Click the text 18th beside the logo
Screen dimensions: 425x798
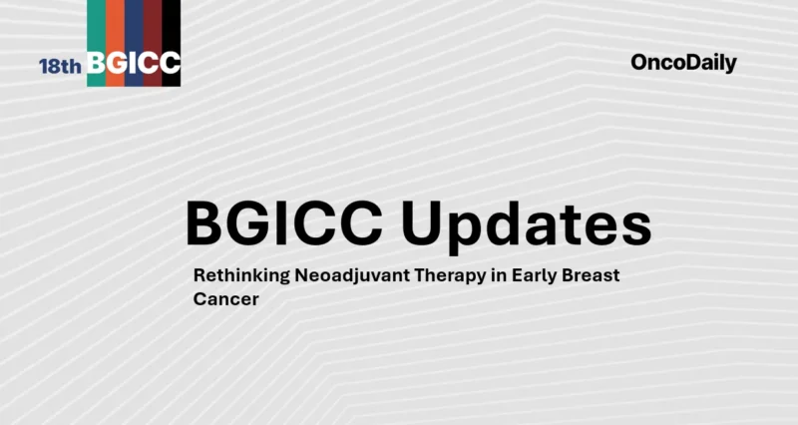coord(61,66)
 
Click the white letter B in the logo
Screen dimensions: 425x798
coord(97,64)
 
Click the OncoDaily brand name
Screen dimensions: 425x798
coord(683,63)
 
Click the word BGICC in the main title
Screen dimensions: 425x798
coord(284,224)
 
